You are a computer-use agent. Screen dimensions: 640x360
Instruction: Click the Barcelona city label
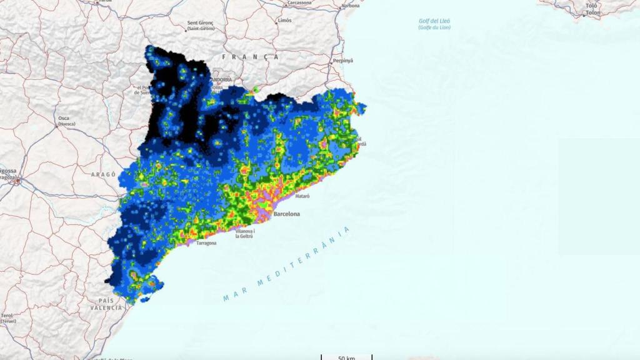pyautogui.click(x=286, y=214)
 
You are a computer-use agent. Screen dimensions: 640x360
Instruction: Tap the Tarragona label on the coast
pyautogui.click(x=206, y=243)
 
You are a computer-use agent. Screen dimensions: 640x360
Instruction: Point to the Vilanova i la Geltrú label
pyautogui.click(x=245, y=234)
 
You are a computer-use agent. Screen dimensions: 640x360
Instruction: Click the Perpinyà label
pyautogui.click(x=343, y=61)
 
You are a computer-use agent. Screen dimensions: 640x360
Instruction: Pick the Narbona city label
pyautogui.click(x=351, y=6)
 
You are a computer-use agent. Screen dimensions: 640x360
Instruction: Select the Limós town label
pyautogui.click(x=284, y=20)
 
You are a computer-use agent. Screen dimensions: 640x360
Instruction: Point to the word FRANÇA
pyautogui.click(x=250, y=57)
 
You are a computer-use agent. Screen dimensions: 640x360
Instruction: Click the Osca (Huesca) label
pyautogui.click(x=64, y=121)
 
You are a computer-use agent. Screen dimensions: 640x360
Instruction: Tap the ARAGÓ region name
pyautogui.click(x=103, y=175)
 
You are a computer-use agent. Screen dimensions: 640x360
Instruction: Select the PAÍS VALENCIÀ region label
pyautogui.click(x=106, y=304)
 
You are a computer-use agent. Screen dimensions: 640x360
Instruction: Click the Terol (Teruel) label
pyautogui.click(x=8, y=318)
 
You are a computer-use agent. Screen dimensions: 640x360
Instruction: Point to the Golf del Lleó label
pyautogui.click(x=434, y=24)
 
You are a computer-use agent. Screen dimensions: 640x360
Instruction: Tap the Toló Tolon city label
pyautogui.click(x=591, y=9)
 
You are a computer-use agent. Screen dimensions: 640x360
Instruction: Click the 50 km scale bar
pyautogui.click(x=346, y=357)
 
